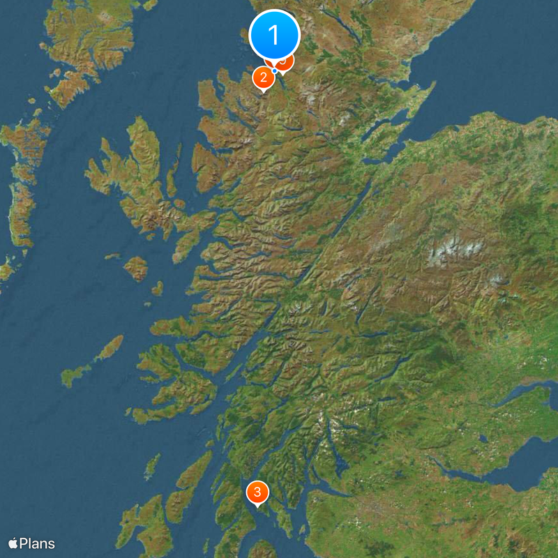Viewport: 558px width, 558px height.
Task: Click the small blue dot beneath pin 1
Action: [275, 70]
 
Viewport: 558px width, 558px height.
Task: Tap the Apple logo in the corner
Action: [13, 543]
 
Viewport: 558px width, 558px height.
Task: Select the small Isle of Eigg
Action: [158, 287]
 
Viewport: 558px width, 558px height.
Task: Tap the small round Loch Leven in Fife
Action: [482, 439]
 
